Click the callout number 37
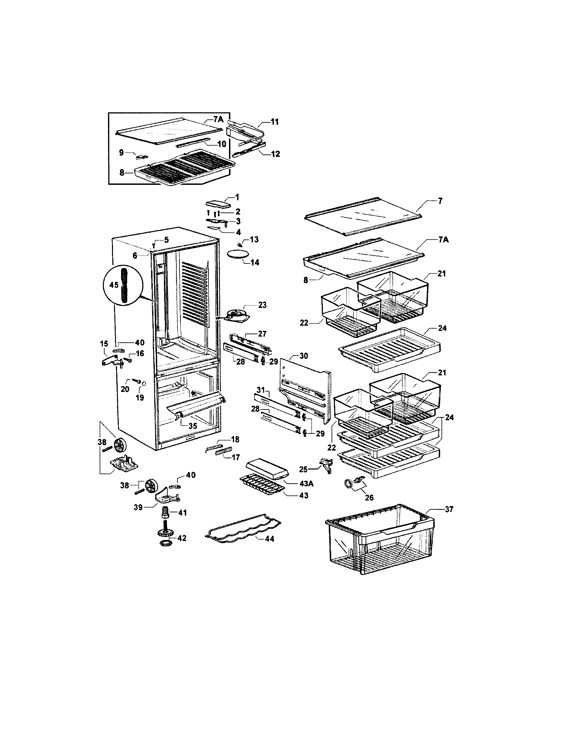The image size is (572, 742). pyautogui.click(x=449, y=519)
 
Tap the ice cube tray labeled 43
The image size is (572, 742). pyautogui.click(x=261, y=486)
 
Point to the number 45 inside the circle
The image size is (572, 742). pyautogui.click(x=114, y=285)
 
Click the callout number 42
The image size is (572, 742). pyautogui.click(x=182, y=538)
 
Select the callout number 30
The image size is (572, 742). pyautogui.click(x=304, y=356)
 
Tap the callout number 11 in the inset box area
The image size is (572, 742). pyautogui.click(x=274, y=122)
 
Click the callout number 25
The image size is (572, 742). pyautogui.click(x=303, y=469)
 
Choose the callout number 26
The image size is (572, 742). pyautogui.click(x=369, y=497)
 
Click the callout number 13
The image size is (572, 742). pyautogui.click(x=254, y=239)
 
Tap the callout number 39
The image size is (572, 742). pyautogui.click(x=138, y=508)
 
